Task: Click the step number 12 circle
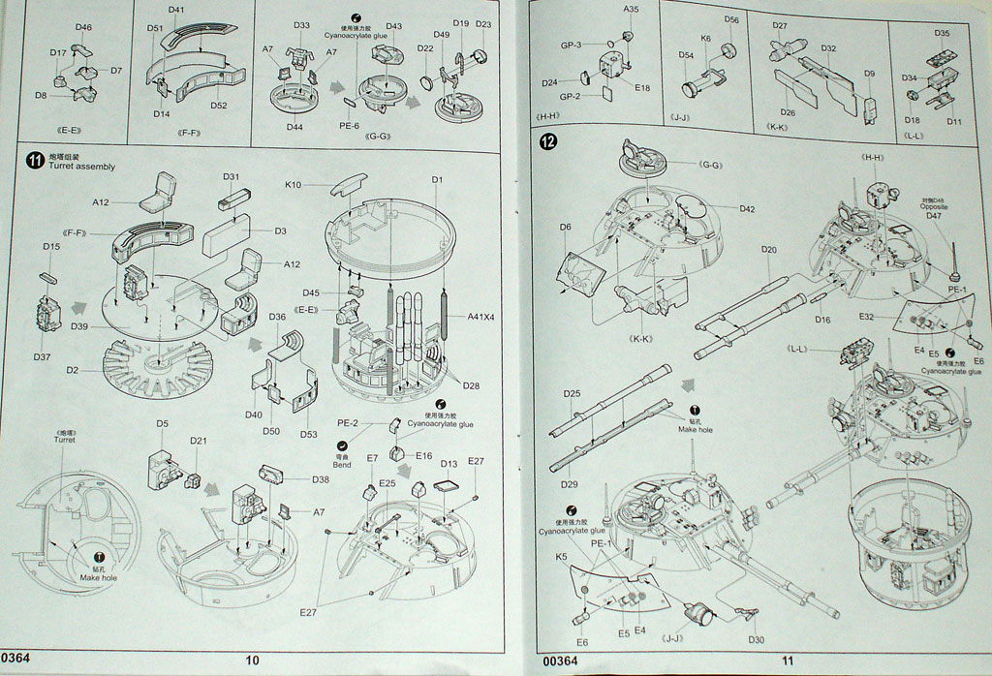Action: click(x=549, y=141)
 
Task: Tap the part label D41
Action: click(x=175, y=10)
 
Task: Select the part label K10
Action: click(x=294, y=183)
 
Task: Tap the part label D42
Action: click(x=747, y=208)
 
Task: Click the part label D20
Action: click(x=768, y=250)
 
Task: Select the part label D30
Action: click(x=757, y=639)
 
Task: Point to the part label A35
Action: click(x=632, y=9)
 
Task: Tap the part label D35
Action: click(x=943, y=33)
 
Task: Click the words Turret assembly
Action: click(x=81, y=167)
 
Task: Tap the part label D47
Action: click(x=933, y=216)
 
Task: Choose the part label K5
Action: click(x=562, y=557)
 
